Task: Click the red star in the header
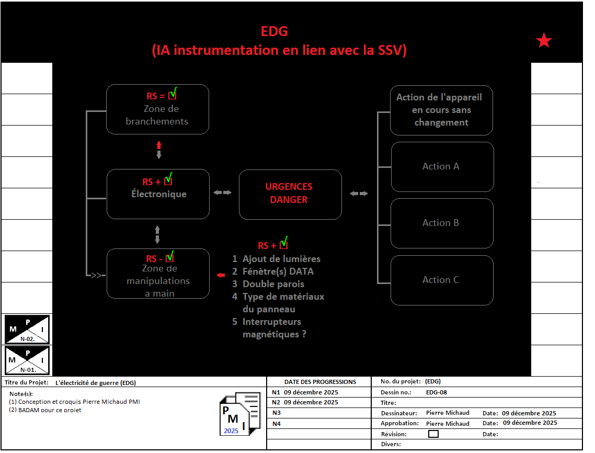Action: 544,40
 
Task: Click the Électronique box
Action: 158,194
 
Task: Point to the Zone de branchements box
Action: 157,109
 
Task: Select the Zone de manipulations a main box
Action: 158,274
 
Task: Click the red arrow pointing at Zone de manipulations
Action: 221,275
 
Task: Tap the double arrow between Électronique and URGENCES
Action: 222,193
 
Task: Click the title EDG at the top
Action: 274,31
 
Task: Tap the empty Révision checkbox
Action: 433,434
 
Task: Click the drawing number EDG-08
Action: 436,392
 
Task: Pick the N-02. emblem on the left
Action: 27,330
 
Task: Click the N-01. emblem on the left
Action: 27,360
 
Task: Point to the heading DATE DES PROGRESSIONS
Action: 320,382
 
